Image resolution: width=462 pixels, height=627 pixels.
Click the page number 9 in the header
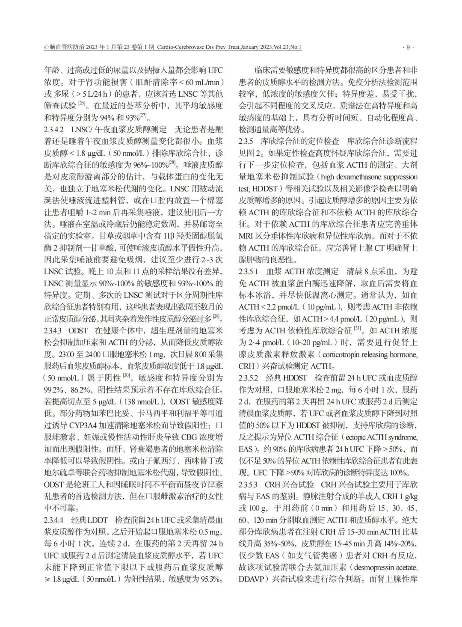[x=408, y=48]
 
